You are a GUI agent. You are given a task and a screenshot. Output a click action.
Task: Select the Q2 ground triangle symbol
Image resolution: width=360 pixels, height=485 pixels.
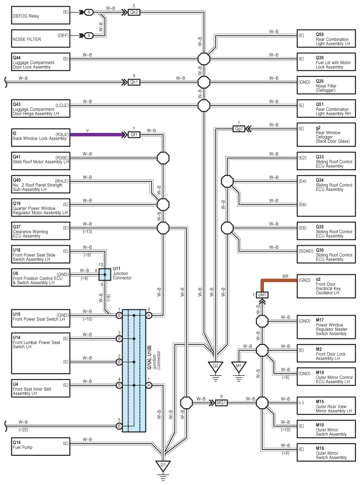click(x=215, y=366)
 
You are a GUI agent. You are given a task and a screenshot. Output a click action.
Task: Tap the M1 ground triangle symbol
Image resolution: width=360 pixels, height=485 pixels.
click(x=239, y=366)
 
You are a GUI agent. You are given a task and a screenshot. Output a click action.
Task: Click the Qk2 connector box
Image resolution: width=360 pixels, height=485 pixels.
click(x=134, y=13)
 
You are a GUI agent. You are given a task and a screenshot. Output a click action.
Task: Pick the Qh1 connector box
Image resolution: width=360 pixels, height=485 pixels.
click(x=134, y=82)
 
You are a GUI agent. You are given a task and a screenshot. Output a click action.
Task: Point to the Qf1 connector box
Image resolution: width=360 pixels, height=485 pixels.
click(x=134, y=135)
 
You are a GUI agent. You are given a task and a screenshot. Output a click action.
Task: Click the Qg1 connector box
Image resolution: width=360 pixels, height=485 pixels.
click(x=239, y=129)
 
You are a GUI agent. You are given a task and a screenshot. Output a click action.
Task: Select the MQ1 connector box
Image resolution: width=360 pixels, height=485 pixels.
click(x=221, y=403)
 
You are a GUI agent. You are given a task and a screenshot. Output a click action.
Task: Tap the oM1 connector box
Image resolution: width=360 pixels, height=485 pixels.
click(x=262, y=295)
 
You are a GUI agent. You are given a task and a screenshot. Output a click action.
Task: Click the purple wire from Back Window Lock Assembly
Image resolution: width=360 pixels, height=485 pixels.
click(x=97, y=135)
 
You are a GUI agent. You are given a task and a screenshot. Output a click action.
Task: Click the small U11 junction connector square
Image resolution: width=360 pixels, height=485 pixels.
click(x=105, y=274)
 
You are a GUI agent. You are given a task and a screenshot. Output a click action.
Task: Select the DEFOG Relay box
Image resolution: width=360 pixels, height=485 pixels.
click(x=41, y=15)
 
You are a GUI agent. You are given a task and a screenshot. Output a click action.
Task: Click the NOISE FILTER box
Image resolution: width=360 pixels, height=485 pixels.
click(x=41, y=38)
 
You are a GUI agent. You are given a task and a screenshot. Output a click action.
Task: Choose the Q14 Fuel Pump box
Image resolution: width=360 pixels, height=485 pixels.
click(x=41, y=446)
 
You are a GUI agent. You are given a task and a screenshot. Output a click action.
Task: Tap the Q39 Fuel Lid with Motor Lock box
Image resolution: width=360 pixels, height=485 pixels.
click(x=326, y=62)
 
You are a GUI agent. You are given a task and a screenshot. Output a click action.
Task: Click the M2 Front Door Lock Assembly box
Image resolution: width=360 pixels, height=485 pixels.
click(x=326, y=353)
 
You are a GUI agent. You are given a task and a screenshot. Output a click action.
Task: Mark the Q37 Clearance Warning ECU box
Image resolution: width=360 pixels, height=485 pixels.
click(x=41, y=231)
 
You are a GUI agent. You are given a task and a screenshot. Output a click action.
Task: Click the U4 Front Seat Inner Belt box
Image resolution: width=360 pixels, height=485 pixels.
click(x=41, y=388)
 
